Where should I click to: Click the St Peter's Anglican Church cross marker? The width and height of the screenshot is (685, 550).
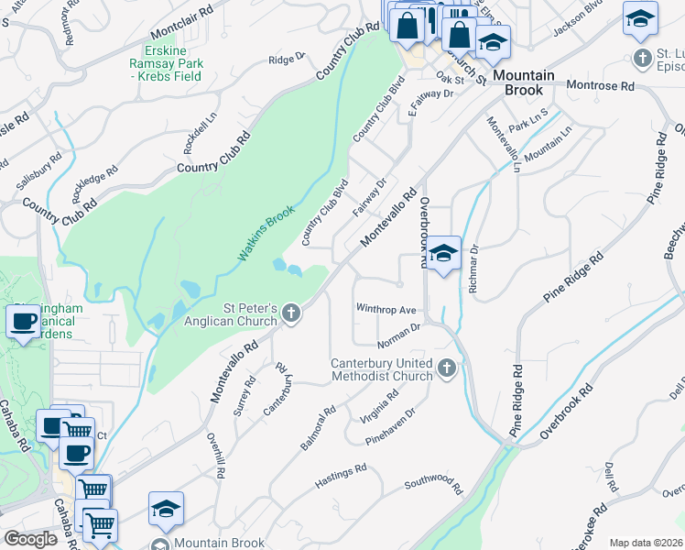[x=291, y=314]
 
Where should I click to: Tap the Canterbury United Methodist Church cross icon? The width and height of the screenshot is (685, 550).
[x=447, y=368]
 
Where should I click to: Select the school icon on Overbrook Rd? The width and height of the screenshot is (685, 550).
[x=443, y=254]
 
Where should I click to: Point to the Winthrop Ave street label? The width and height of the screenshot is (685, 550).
[x=386, y=310]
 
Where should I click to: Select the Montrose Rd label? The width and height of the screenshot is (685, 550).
[x=600, y=85]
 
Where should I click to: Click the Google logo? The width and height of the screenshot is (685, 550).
[x=30, y=539]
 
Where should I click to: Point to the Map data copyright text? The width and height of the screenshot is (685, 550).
[x=646, y=543]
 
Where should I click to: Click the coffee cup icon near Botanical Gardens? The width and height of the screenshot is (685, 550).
[x=21, y=322]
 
